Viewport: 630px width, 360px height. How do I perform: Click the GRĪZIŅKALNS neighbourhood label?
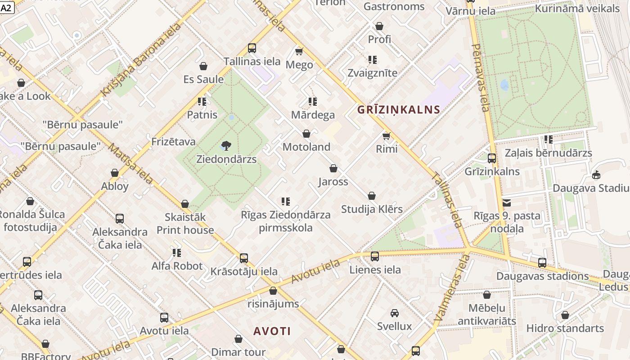click(x=399, y=109)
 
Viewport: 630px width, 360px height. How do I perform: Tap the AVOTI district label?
click(x=272, y=331)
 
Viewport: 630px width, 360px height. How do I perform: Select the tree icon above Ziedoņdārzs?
click(x=226, y=145)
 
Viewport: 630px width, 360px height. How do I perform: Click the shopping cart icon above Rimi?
click(x=386, y=135)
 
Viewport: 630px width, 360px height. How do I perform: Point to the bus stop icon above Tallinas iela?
click(x=252, y=48)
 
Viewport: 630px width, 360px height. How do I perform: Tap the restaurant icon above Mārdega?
click(x=313, y=102)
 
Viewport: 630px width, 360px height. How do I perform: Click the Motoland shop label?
click(x=306, y=147)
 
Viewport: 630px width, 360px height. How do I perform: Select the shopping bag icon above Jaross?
click(x=333, y=168)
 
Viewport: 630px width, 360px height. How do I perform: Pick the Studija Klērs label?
click(x=372, y=209)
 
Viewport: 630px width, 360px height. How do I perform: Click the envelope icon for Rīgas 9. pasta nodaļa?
click(x=507, y=203)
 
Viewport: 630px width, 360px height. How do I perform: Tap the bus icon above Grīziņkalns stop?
click(x=492, y=158)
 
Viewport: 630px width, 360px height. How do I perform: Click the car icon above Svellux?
click(x=395, y=313)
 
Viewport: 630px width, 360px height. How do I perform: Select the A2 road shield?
click(x=8, y=7)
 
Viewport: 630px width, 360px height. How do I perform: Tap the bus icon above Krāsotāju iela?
click(x=244, y=258)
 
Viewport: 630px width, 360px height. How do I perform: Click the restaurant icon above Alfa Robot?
click(x=176, y=253)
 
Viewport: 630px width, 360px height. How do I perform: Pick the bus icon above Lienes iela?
click(x=375, y=256)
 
